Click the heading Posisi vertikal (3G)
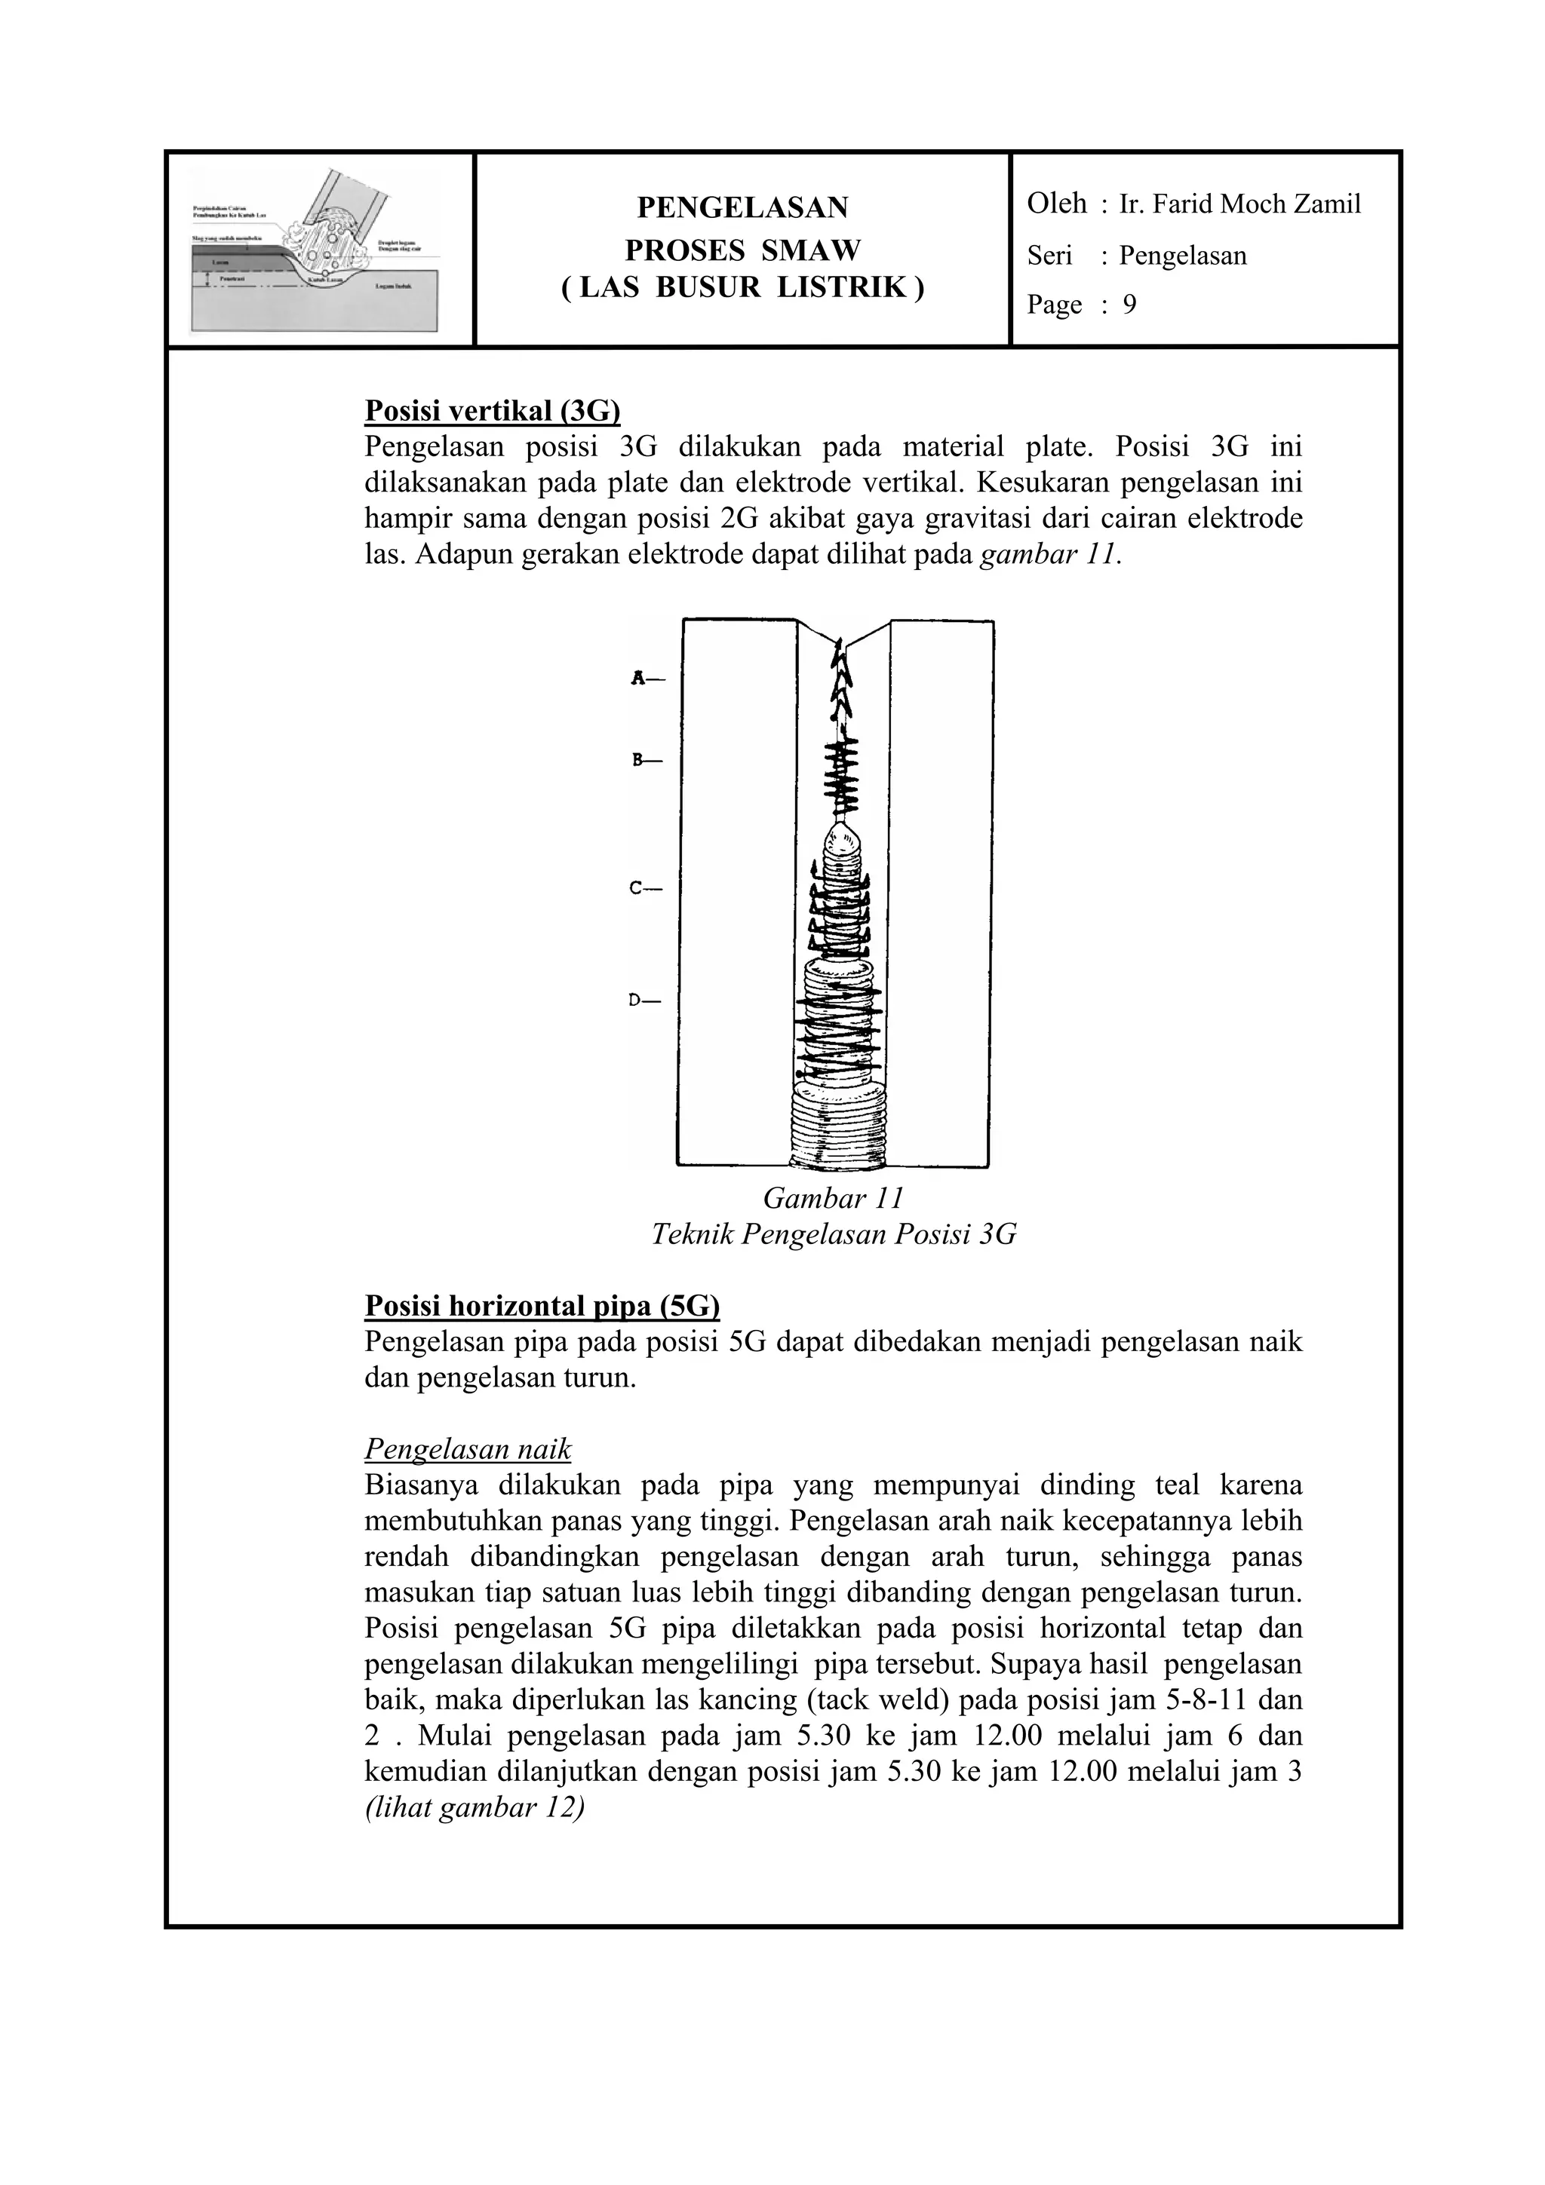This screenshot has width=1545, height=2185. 492,411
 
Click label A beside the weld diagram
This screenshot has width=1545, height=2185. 639,679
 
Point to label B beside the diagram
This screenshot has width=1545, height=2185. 639,760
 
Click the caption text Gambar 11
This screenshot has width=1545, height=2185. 833,1198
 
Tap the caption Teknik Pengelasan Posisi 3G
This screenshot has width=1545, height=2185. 833,1235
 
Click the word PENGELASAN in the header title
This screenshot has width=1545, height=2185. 742,207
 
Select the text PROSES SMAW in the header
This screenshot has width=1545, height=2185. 742,250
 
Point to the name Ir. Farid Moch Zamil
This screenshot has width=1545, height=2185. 1239,204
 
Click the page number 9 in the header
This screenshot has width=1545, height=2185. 1129,305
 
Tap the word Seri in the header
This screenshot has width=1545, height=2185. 1049,255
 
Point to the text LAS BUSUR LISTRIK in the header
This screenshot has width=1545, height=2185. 742,287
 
